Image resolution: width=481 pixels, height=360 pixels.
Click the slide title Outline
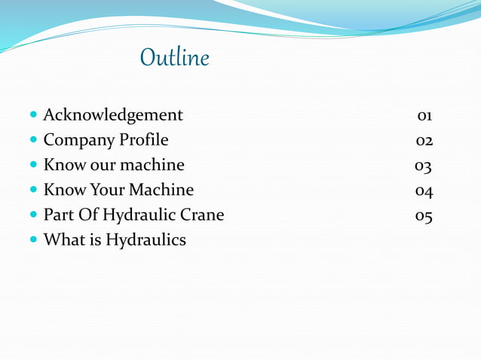[174, 59]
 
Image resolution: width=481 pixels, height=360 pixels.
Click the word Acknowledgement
[113, 115]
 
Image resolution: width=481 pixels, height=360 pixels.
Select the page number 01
[424, 116]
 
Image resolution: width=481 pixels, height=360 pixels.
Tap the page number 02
[424, 141]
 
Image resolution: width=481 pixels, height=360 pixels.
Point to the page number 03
[423, 166]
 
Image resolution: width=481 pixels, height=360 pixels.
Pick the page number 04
[424, 191]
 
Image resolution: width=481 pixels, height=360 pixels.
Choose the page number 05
[424, 215]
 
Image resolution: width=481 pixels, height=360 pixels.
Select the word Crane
[201, 215]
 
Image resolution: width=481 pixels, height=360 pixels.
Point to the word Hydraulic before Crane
[138, 215]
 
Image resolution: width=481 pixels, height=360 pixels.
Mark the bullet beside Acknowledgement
[33, 116]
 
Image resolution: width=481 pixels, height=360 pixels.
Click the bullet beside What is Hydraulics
[33, 241]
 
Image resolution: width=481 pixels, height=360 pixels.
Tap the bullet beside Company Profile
[33, 141]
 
